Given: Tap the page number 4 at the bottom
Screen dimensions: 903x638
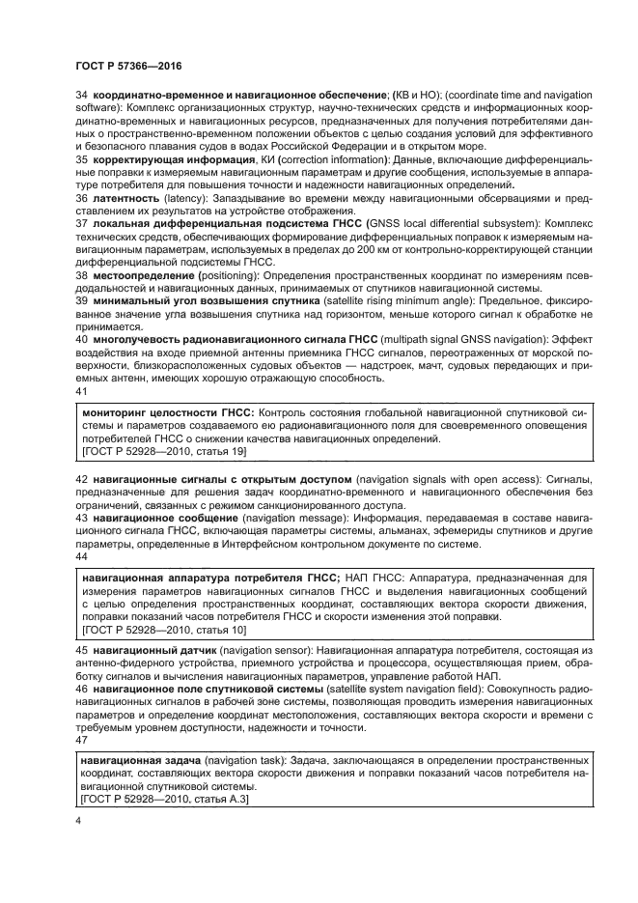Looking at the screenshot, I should click(77, 818).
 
